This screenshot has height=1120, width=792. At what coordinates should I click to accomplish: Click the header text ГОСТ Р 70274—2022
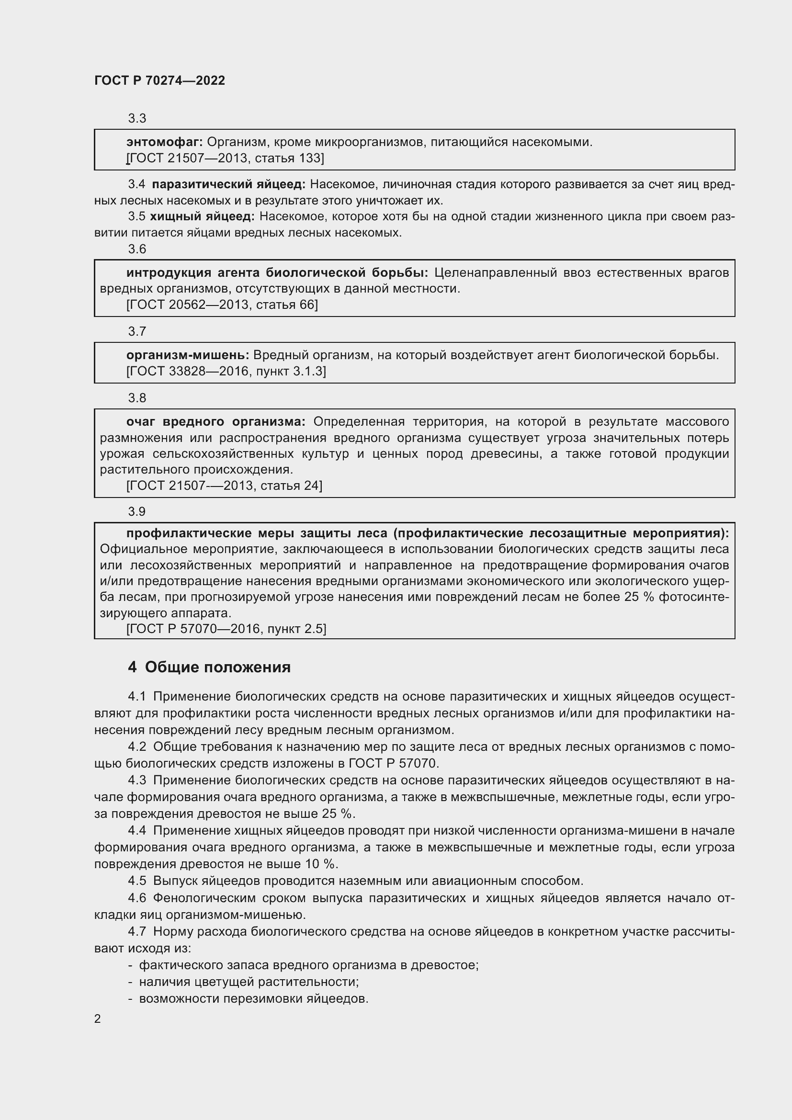[x=159, y=80]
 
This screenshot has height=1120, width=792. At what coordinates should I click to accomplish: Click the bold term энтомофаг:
[x=164, y=142]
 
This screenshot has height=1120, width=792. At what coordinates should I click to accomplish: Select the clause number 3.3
[x=137, y=118]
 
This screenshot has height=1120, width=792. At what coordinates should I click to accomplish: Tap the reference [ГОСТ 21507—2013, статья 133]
[x=225, y=158]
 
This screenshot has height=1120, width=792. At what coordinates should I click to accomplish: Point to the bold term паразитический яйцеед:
[x=228, y=184]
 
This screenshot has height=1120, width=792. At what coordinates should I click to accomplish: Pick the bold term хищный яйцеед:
[x=202, y=216]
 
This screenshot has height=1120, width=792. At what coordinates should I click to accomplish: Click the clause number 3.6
[x=137, y=249]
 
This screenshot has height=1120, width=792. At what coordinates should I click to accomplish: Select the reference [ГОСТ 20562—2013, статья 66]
[x=222, y=305]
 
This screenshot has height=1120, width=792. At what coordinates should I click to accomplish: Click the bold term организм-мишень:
[x=188, y=355]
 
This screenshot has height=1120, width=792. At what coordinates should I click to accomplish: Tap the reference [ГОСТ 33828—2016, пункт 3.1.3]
[x=226, y=371]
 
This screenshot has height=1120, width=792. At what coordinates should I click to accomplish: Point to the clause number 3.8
[x=137, y=397]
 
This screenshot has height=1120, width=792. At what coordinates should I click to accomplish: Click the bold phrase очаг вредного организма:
[x=215, y=421]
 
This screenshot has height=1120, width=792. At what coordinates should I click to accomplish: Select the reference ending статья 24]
[x=224, y=486]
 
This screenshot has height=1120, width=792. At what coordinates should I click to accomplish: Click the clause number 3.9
[x=137, y=511]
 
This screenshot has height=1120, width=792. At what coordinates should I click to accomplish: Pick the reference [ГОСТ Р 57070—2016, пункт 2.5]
[x=226, y=628]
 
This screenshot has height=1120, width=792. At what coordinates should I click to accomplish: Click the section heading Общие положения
[x=217, y=667]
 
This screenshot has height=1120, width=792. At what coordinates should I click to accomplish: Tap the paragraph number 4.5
[x=137, y=881]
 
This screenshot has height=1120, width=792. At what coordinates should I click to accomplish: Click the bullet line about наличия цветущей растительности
[x=249, y=982]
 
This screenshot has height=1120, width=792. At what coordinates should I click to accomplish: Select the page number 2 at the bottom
[x=98, y=1018]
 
